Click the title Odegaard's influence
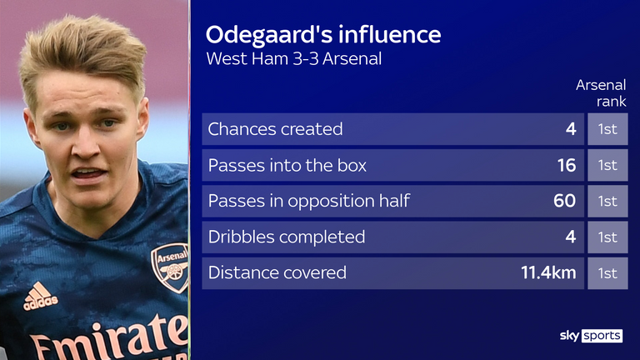tap(323, 35)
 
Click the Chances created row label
tap(276, 129)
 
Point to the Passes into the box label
tap(287, 165)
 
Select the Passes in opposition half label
tap(309, 201)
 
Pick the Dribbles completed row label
tap(287, 237)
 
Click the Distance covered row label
tap(277, 272)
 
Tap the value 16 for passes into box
tap(566, 165)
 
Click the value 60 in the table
tap(564, 201)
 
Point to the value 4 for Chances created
tap(571, 129)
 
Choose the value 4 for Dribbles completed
tap(571, 237)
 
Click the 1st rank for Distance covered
tap(607, 272)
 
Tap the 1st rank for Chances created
tap(607, 129)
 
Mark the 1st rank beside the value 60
tap(607, 201)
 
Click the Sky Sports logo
tap(590, 335)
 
